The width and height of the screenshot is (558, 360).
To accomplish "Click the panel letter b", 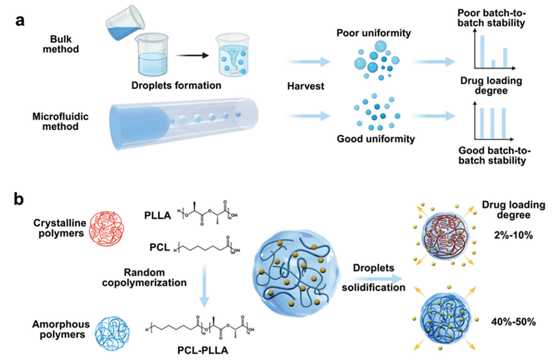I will point(20,199).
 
